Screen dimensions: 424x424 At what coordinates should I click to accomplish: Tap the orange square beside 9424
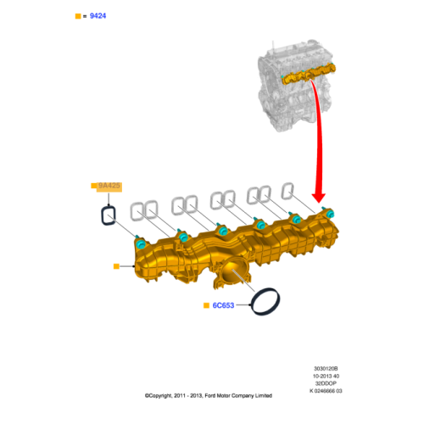point(78,15)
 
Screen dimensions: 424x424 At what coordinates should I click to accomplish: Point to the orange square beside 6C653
point(205,304)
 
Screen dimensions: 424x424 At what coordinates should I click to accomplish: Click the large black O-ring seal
point(267,301)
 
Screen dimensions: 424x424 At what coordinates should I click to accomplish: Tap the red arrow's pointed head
point(321,198)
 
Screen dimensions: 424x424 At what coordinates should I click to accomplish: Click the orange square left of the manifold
point(116,265)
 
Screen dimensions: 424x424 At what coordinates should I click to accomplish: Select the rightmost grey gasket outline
point(288,191)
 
